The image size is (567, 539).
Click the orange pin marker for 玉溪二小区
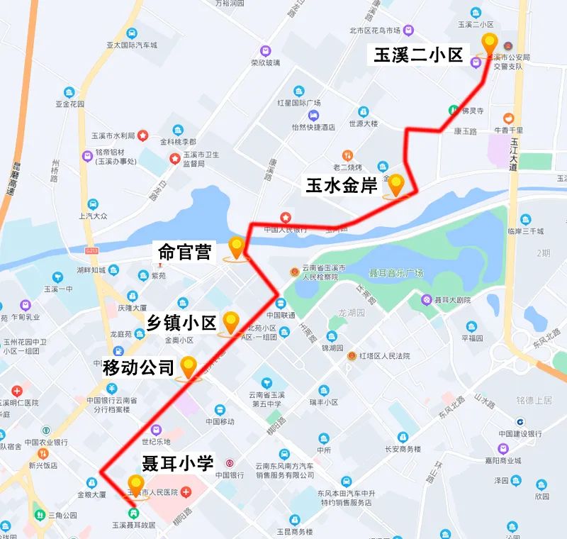489,44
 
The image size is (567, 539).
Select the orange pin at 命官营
236,248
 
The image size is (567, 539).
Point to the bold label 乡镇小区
181,323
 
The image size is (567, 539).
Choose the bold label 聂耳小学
177,464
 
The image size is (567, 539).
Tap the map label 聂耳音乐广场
395,273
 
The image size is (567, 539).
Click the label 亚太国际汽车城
131,45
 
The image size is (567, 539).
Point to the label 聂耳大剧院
454,300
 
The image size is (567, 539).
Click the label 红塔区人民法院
385,355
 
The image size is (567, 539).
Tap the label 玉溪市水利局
113,135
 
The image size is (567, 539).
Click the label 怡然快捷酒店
313,127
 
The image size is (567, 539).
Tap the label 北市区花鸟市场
375,30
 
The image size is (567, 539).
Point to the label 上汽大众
93,216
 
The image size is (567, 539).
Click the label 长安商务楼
403,448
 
